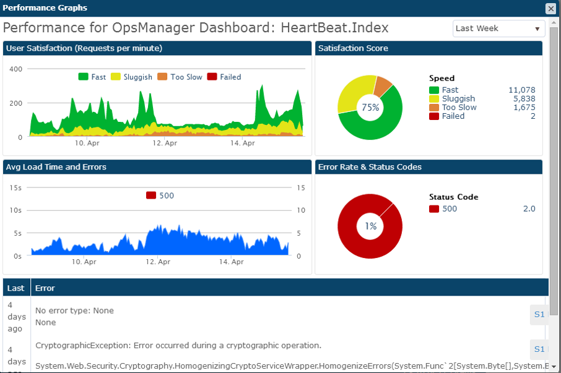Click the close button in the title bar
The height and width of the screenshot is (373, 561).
(550, 8)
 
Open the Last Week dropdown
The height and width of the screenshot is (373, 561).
(498, 28)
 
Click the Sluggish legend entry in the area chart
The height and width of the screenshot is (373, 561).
(131, 77)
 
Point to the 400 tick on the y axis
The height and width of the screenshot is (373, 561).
(15, 69)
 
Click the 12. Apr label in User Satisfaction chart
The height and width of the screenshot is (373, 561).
(165, 143)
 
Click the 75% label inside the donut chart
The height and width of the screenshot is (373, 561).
(370, 107)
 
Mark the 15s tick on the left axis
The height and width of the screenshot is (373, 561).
(15, 187)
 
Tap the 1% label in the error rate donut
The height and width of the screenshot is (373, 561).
(370, 226)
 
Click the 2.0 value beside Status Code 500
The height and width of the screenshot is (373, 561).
(529, 208)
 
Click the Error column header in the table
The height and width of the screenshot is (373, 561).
(45, 288)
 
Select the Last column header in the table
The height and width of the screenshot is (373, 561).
(16, 288)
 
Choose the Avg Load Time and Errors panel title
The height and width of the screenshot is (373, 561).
(56, 167)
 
